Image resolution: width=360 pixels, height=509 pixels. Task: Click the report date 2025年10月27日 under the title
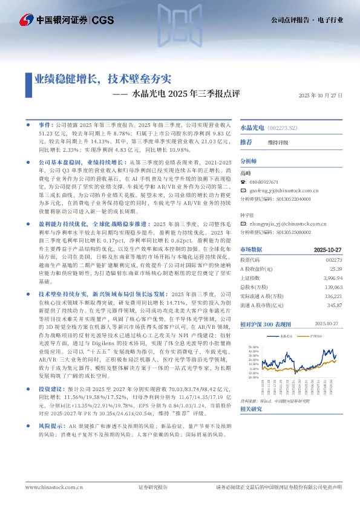(321, 96)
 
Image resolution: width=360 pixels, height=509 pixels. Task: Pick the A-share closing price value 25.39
(336, 268)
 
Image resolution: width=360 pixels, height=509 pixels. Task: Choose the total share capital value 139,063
(334, 287)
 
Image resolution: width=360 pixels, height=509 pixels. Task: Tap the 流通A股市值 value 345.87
(335, 306)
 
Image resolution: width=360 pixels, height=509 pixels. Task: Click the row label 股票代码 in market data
(250, 259)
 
